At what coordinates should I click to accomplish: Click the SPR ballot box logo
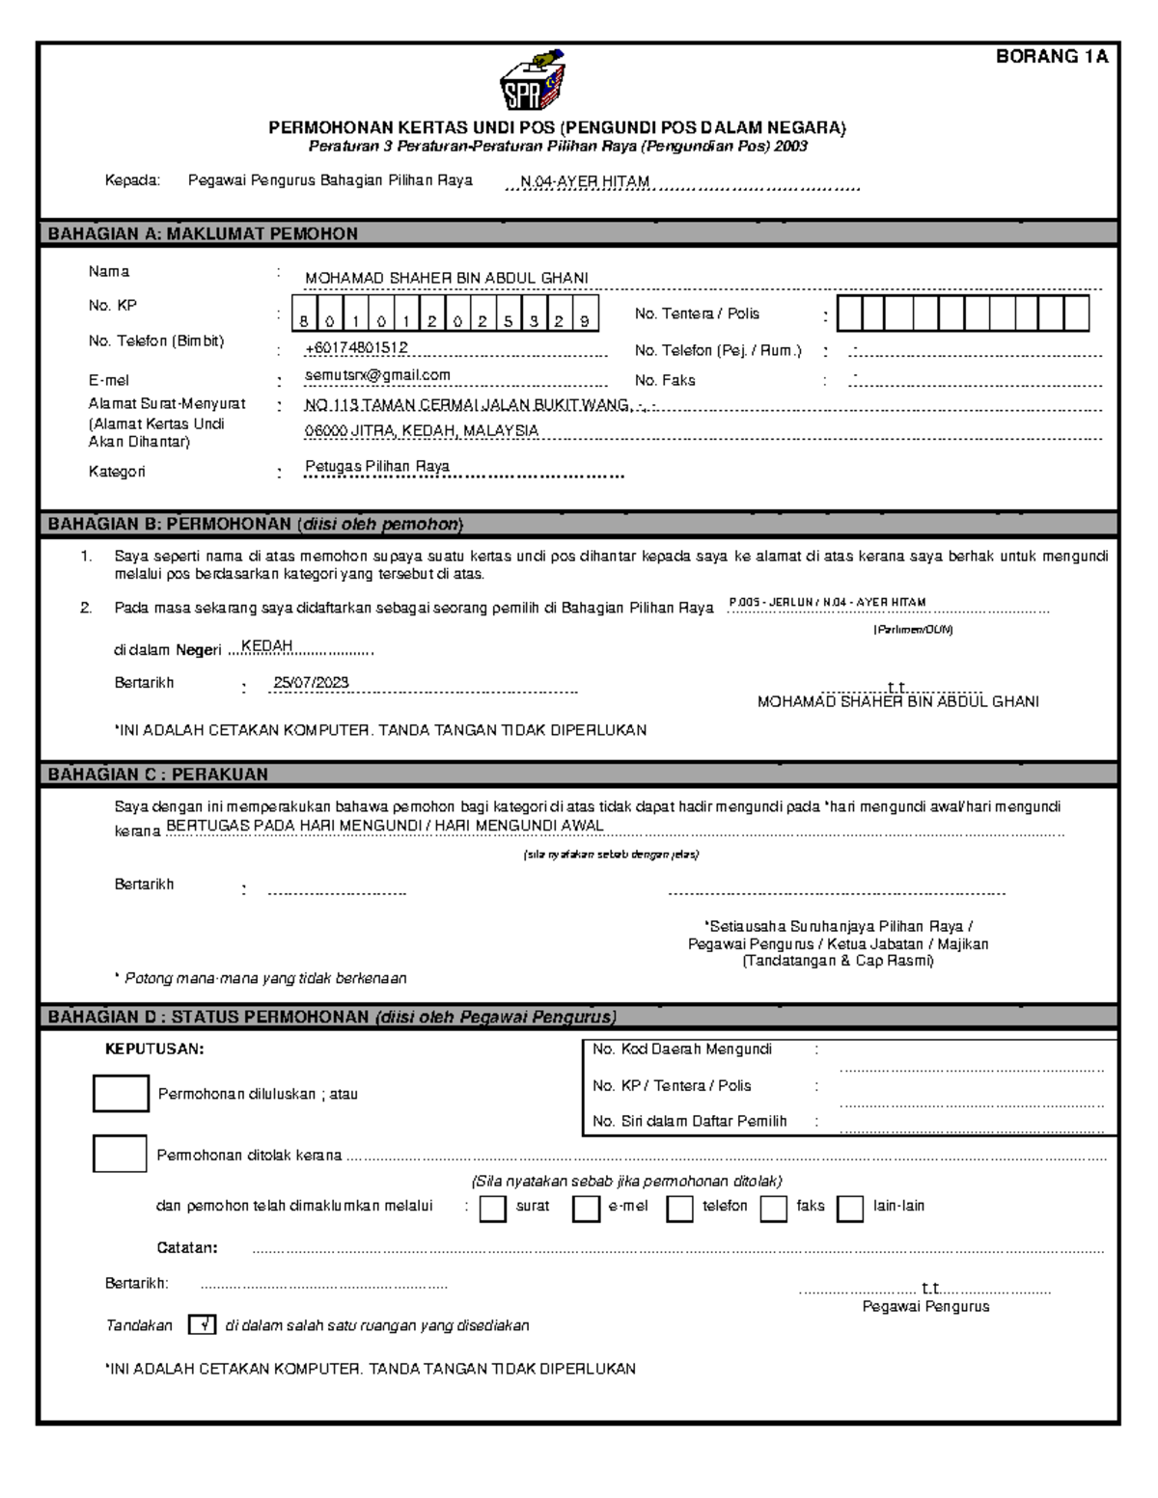click(x=532, y=83)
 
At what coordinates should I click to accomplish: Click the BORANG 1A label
click(x=1051, y=57)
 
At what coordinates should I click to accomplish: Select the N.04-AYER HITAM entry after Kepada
click(x=585, y=181)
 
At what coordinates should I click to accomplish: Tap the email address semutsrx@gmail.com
click(x=377, y=375)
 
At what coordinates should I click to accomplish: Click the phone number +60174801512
click(x=356, y=347)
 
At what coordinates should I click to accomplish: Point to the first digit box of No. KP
click(x=304, y=321)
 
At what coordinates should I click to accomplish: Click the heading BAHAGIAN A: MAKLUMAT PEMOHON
click(x=203, y=233)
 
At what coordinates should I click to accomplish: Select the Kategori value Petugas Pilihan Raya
click(x=377, y=466)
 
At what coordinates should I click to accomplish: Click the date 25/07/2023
click(x=311, y=682)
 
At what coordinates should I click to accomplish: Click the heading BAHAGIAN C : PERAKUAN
click(x=158, y=774)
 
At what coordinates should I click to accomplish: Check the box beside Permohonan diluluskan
click(x=121, y=1093)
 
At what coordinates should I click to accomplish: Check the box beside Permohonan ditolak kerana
click(x=120, y=1154)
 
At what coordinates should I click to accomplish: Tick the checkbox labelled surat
click(x=492, y=1209)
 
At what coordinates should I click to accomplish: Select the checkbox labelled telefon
click(x=679, y=1209)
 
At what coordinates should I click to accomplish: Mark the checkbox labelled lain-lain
click(x=849, y=1209)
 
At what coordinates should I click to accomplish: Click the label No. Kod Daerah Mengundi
click(x=682, y=1049)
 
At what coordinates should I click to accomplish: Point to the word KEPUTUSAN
click(x=154, y=1049)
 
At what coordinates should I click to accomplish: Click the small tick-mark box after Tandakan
click(x=202, y=1325)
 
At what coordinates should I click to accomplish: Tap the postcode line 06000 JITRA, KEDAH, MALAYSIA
click(x=422, y=431)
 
